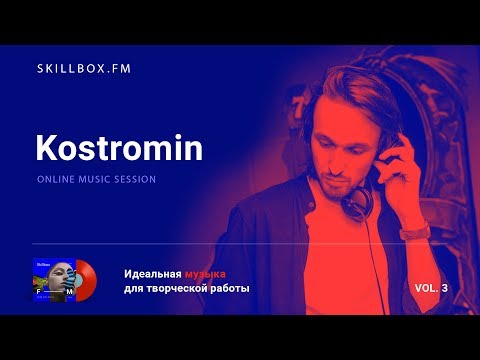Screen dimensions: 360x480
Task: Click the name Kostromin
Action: [x=119, y=148]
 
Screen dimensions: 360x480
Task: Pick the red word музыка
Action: [x=206, y=274]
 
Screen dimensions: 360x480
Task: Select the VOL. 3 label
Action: [x=432, y=288]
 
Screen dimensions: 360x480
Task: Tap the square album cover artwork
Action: [x=54, y=280]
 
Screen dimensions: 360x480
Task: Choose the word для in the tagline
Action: [x=135, y=289]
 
